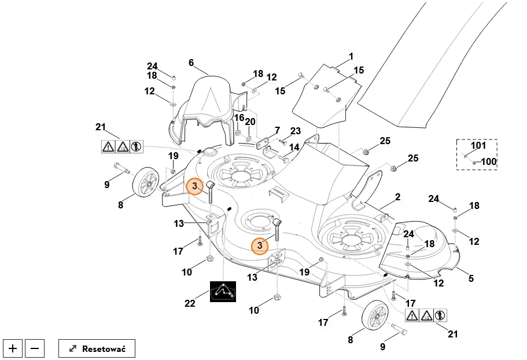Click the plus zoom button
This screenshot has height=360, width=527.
click(x=13, y=348)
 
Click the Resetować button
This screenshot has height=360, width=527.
click(x=97, y=348)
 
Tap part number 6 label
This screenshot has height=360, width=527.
click(x=191, y=63)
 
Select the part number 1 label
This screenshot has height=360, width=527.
click(x=351, y=57)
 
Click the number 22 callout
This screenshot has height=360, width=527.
click(x=190, y=303)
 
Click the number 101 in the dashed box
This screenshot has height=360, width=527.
click(x=478, y=145)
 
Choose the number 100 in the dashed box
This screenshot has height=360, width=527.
click(x=489, y=161)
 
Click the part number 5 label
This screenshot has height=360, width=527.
click(x=471, y=278)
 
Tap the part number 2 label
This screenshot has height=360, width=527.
click(x=397, y=197)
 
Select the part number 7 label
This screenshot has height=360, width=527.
click(x=277, y=130)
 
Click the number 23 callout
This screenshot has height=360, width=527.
click(x=296, y=131)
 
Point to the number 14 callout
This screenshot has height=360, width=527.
click(x=294, y=148)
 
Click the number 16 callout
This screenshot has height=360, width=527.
click(x=238, y=118)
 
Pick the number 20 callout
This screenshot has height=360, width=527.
click(x=250, y=122)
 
